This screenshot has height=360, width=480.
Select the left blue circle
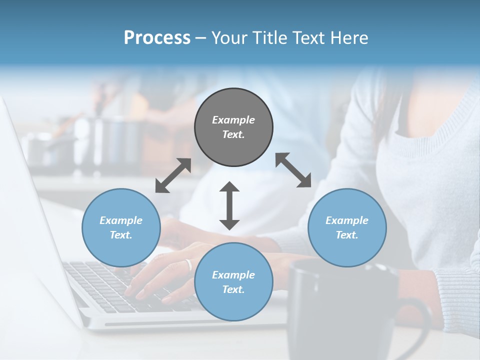(x=121, y=227)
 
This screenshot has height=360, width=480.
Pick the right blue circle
(x=347, y=227)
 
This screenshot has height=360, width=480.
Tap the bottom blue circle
(x=233, y=282)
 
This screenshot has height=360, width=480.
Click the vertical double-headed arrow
(x=229, y=205)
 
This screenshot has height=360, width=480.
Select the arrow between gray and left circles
(x=173, y=175)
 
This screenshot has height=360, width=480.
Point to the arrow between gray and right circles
(x=293, y=170)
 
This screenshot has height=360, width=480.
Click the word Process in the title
(x=157, y=37)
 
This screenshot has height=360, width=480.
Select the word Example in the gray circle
(x=233, y=120)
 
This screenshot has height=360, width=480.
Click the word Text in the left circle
(x=120, y=235)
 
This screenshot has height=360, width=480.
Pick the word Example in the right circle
(x=347, y=220)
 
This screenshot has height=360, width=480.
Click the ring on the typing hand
(x=188, y=264)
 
